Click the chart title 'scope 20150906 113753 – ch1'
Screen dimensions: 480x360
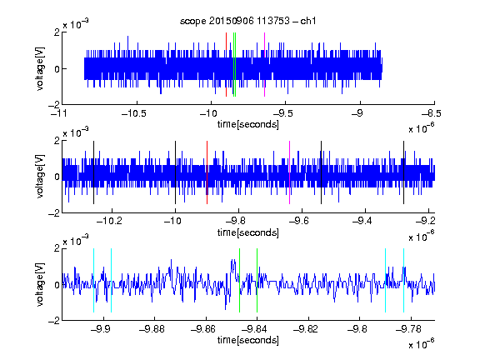pos(247,21)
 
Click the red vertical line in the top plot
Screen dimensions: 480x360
pos(226,65)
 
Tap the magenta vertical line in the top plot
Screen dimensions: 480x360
pos(264,65)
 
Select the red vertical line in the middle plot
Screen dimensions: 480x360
pos(207,172)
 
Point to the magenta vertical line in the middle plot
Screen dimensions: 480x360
pos(290,172)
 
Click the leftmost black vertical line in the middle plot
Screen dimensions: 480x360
pos(93,172)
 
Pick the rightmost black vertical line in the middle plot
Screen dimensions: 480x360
pos(404,172)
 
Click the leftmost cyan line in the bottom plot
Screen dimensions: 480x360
pos(93,280)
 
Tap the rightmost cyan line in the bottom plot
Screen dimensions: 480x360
pos(404,280)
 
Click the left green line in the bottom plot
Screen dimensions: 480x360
pos(239,280)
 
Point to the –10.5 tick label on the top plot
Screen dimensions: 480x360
pos(134,113)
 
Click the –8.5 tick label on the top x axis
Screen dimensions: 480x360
pos(432,113)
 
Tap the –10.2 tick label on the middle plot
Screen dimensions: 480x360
pos(109,221)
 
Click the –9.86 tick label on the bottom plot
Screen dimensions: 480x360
pos(203,329)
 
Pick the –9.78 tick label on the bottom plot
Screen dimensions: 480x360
pos(408,329)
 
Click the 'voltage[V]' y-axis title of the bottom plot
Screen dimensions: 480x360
pos(40,284)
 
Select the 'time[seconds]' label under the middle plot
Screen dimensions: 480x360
pos(248,232)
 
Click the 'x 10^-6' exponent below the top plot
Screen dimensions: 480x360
pos(422,128)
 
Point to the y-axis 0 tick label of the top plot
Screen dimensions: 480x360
pos(57,69)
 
